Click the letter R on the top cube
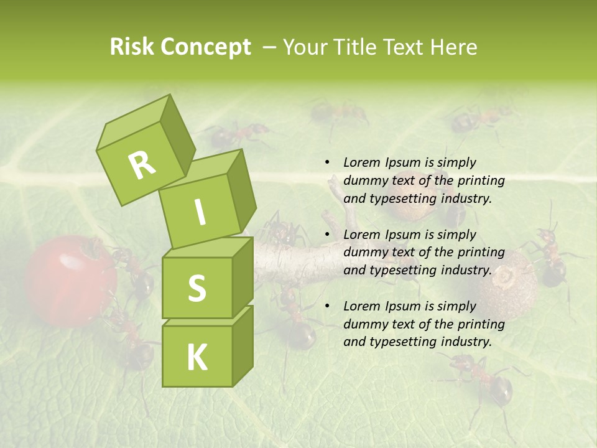(x=142, y=164)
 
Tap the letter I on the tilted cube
(x=200, y=213)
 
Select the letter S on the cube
(x=197, y=288)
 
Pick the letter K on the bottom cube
(x=197, y=358)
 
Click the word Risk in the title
(x=132, y=47)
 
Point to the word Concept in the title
(x=205, y=48)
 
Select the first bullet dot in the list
(x=327, y=163)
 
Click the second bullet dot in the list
(x=327, y=235)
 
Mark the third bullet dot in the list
(x=327, y=306)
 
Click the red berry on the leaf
(x=70, y=281)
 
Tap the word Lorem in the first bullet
(x=361, y=162)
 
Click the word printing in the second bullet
(x=481, y=252)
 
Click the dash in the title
(x=270, y=47)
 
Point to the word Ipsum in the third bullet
(x=401, y=306)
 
